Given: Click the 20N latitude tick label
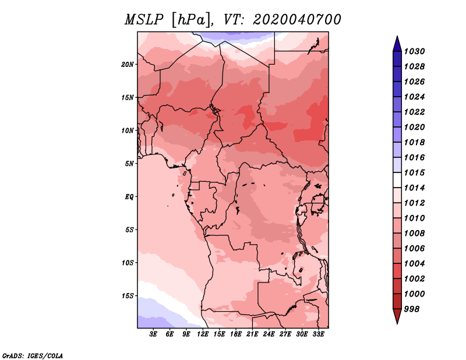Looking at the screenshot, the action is [128, 65].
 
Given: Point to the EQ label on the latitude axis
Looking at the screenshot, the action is [129, 197].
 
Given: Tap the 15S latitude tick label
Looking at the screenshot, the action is [128, 296].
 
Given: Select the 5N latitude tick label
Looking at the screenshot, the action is [129, 164].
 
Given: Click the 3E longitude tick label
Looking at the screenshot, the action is [153, 334].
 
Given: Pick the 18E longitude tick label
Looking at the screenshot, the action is [236, 334].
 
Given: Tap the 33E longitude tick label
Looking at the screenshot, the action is [318, 334].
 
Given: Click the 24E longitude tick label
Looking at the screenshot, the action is [269, 334].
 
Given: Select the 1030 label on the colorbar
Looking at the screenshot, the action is [414, 51].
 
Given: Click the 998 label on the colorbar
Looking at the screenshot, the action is [412, 309].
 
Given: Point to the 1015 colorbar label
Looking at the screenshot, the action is [414, 172].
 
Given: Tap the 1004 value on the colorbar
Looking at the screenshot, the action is [414, 264].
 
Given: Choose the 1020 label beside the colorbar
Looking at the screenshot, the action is [414, 127].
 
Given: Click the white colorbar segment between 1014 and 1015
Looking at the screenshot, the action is [397, 180].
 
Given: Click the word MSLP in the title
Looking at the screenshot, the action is [144, 20].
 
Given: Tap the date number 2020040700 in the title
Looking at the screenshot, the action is [297, 20].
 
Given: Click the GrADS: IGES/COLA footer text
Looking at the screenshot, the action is [33, 356].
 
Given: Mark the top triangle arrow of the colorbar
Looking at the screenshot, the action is [397, 44].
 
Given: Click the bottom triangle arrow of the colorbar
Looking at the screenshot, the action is [397, 316].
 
